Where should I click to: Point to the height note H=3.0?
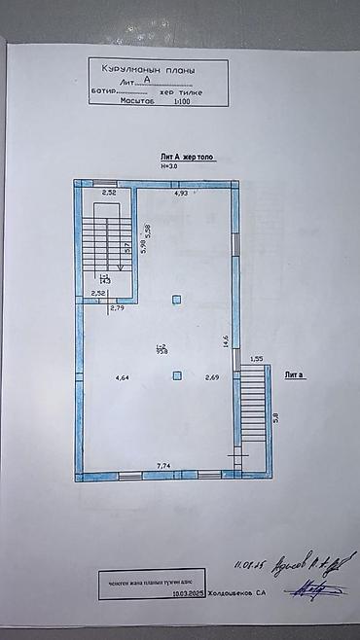point(171,165)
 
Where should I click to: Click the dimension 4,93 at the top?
point(180,195)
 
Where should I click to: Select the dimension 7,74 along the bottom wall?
point(165,467)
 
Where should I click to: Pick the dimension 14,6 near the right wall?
point(226,340)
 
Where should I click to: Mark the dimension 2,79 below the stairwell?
point(118,308)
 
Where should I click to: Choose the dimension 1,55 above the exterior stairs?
point(256,359)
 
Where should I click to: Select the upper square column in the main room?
point(176,299)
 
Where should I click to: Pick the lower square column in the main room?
point(176,375)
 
